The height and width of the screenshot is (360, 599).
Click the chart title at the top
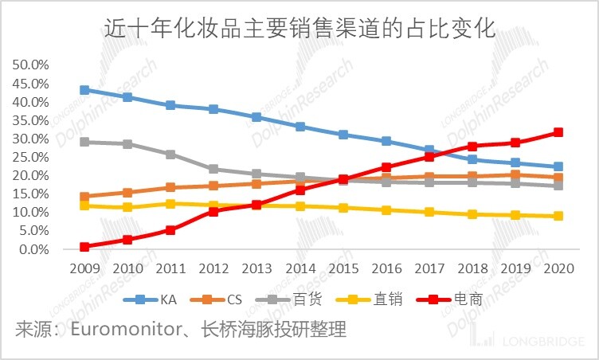pos(299,31)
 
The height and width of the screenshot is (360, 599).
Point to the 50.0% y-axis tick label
pos(31,65)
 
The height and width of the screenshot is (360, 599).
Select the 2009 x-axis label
pos(84,268)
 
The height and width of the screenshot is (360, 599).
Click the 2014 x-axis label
pos(299,268)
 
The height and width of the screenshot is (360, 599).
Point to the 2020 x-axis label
pos(559,268)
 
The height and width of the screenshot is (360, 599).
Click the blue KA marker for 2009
pos(84,90)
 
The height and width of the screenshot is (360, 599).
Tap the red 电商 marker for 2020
pos(559,132)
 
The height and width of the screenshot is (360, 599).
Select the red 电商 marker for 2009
pos(84,247)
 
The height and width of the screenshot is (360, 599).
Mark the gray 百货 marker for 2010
pos(127,144)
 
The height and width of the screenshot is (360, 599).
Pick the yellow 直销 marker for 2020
pos(559,216)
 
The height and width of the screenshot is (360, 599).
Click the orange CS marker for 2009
pos(84,197)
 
